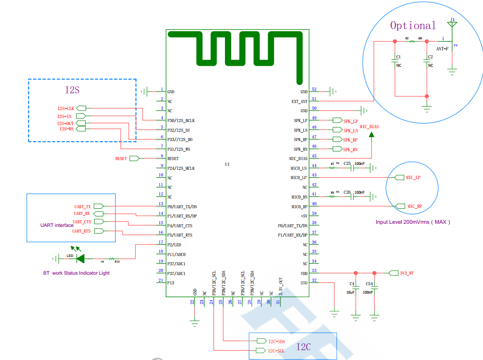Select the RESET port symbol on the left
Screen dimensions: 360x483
click(134, 158)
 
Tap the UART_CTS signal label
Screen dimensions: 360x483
click(82, 222)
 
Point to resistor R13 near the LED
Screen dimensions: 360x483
click(113, 259)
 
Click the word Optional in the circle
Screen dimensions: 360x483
click(413, 26)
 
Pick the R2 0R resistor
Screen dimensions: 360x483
click(412, 41)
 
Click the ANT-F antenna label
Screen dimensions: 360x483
click(442, 49)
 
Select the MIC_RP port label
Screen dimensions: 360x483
click(415, 207)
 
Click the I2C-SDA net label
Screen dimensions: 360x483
click(276, 341)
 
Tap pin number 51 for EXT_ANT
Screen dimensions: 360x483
click(314, 99)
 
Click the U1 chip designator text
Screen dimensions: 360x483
click(227, 164)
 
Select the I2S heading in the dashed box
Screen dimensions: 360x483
click(72, 90)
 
